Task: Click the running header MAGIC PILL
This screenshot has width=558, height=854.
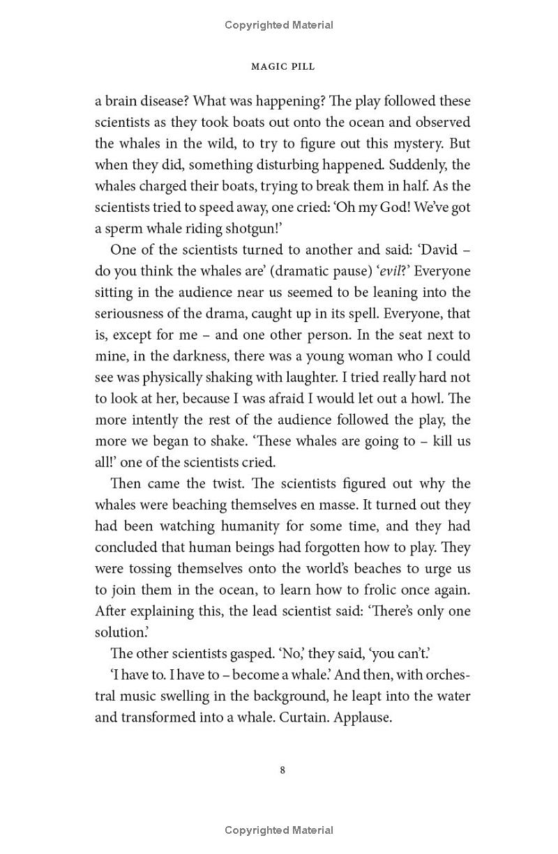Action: click(x=282, y=66)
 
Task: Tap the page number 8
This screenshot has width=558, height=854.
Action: click(x=282, y=770)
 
